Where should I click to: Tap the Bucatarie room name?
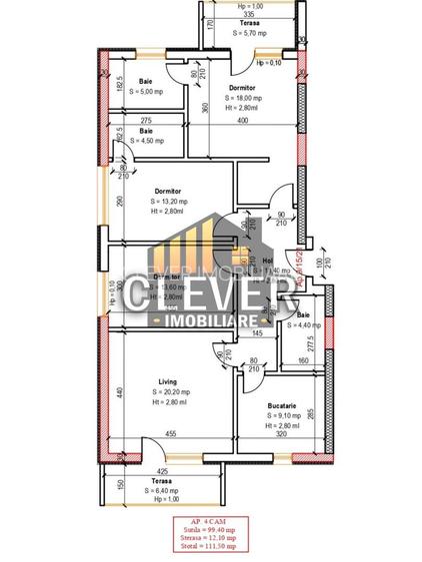(281, 405)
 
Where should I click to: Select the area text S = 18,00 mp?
(243, 99)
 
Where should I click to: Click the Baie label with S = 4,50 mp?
(146, 131)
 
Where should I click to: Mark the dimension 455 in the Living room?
(171, 433)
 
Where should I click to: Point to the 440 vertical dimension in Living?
(118, 392)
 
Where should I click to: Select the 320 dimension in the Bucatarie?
(281, 435)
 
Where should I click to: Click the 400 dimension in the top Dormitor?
(242, 121)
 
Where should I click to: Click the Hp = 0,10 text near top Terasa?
(269, 63)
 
